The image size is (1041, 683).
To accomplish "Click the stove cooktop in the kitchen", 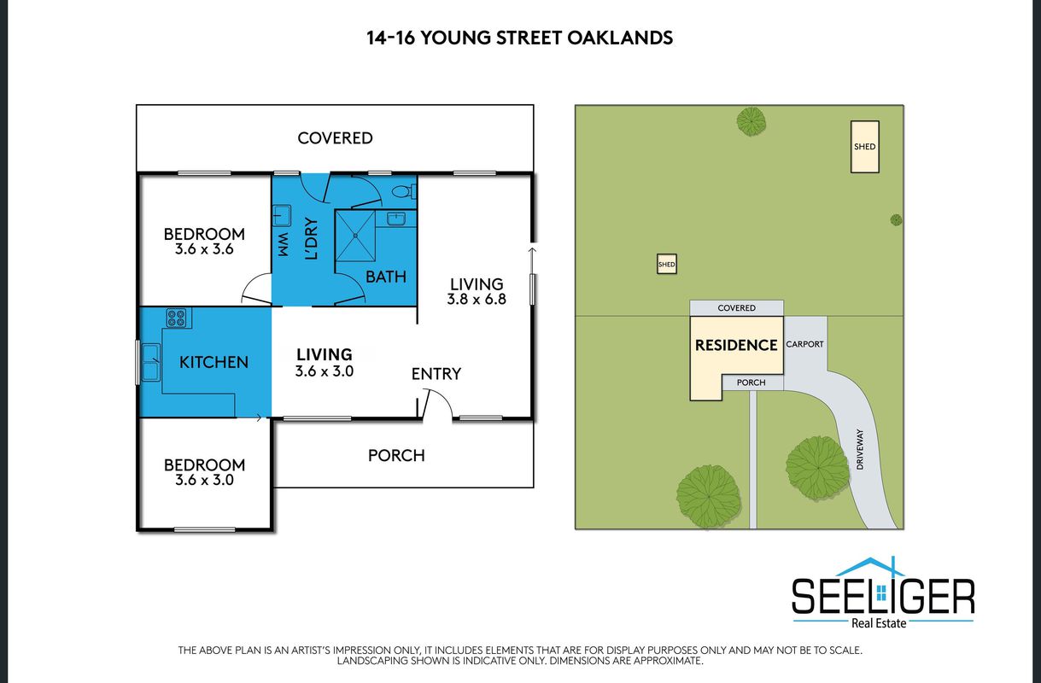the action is [177, 318].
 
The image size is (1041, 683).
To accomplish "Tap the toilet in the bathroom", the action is [403, 191].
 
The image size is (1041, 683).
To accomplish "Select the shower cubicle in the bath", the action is [355, 236].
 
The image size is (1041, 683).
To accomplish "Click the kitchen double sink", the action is [150, 362].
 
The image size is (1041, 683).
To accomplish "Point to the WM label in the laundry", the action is [283, 244].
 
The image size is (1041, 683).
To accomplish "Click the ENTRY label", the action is [436, 374].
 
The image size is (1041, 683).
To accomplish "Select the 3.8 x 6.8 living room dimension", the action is [477, 299].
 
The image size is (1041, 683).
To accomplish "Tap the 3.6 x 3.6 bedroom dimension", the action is [204, 249].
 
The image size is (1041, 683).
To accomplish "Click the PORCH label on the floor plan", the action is [396, 455].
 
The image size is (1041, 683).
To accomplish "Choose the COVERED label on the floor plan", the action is [335, 138].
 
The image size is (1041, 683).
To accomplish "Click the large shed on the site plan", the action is [865, 147].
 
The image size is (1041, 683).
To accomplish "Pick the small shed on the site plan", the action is [666, 264].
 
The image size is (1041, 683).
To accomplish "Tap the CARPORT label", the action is [804, 344].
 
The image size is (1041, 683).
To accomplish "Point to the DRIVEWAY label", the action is [860, 449].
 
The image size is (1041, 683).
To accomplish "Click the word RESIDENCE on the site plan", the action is [736, 345].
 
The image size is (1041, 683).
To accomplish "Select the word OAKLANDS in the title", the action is [620, 38].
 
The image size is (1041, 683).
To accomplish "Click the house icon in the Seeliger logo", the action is [870, 567].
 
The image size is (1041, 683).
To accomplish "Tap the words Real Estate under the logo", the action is [879, 623].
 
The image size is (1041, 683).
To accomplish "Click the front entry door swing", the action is [437, 403].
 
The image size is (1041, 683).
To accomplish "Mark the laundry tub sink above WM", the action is [282, 216].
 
